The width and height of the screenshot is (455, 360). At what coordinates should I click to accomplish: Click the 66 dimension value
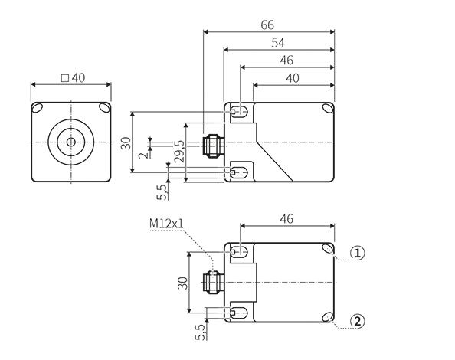267,25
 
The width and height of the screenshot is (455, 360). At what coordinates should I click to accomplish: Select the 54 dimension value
278,43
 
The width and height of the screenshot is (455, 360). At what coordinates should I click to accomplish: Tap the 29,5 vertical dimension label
179,151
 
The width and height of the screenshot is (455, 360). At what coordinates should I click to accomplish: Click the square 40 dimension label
73,77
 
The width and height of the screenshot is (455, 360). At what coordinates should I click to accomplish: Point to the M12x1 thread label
166,224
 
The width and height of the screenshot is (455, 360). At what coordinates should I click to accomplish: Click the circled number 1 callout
358,254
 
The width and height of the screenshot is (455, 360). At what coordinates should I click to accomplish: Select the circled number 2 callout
358,322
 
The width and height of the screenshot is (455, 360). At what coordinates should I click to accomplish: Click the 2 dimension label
143,155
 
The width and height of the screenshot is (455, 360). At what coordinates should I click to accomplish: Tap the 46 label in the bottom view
286,219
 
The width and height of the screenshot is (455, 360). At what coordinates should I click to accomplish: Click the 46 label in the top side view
286,61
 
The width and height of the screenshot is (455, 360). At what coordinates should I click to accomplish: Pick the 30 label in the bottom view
183,283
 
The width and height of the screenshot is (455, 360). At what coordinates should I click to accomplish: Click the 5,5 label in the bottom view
200,332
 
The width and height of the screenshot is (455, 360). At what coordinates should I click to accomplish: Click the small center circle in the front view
70,142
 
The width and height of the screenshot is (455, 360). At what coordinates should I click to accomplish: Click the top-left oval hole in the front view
38,108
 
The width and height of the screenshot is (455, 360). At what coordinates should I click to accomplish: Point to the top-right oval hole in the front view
104,108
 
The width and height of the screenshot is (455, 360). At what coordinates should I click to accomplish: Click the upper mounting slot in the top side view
240,111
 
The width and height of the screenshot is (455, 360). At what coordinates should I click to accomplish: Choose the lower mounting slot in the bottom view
240,313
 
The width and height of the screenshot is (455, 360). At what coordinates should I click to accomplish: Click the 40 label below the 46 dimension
293,78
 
